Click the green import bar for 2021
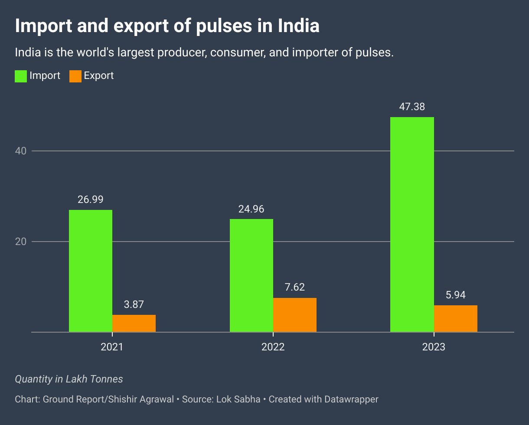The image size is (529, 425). (91, 271)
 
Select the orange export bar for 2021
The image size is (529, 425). (134, 324)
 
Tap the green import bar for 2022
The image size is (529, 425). (251, 275)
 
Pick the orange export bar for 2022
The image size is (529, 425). (295, 315)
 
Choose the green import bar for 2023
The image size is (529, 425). (412, 225)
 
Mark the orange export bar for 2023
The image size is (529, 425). (456, 319)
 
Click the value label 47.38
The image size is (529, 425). (412, 107)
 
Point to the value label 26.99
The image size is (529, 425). (91, 200)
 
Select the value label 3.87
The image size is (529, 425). (134, 304)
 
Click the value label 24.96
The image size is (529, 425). (251, 209)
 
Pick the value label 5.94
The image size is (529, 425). (456, 295)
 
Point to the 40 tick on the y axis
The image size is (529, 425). (21, 151)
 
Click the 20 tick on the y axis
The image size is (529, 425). (21, 242)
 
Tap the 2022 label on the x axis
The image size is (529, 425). (273, 347)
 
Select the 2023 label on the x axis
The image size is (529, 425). (434, 347)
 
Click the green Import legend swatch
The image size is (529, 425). (21, 76)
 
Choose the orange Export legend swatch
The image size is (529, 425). (75, 76)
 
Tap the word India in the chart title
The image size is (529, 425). (299, 26)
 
